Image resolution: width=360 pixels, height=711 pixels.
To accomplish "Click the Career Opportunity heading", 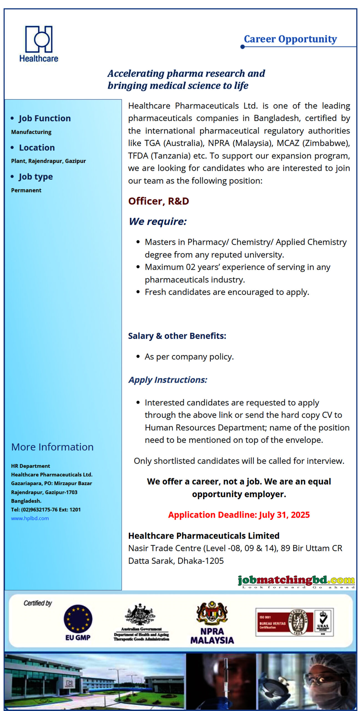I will point(290,39).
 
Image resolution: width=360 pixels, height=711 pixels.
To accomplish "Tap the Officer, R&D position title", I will point(158,201).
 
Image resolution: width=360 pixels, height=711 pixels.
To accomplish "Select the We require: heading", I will point(158,221).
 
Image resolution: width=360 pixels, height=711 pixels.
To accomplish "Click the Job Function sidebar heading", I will point(45,118).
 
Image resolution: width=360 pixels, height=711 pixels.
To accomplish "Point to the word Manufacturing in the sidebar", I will point(31,132).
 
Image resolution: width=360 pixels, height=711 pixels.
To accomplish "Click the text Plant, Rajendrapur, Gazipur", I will point(48,161).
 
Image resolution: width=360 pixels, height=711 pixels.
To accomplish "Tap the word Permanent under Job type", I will point(26,190).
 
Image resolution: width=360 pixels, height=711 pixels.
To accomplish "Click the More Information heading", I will point(52,447).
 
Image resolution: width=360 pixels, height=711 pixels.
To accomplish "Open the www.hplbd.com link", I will point(30,518).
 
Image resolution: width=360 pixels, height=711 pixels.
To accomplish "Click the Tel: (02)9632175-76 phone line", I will point(46,510).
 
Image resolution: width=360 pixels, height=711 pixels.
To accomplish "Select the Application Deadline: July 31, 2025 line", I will point(239,515).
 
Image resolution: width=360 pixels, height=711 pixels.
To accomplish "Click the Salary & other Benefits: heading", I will point(177,336).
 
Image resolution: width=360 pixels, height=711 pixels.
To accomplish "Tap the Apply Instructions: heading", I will point(168,380).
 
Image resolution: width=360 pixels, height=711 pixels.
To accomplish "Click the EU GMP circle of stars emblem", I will point(78,619).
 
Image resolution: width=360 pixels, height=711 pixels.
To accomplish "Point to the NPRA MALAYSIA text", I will point(212,636).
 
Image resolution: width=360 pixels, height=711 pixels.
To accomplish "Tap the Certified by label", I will point(38,603).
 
